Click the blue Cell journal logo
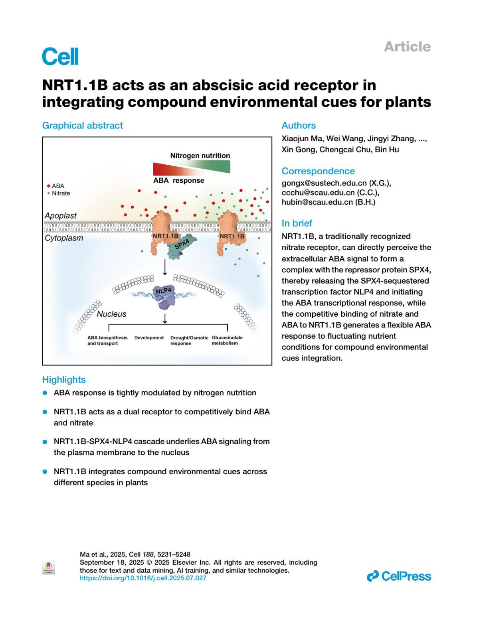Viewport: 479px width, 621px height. click(x=60, y=56)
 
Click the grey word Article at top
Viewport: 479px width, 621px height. click(x=407, y=47)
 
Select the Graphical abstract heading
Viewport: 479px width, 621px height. click(x=83, y=125)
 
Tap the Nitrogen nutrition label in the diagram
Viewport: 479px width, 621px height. click(x=200, y=156)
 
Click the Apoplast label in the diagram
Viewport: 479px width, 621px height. click(x=61, y=215)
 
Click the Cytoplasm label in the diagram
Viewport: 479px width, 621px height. click(x=64, y=238)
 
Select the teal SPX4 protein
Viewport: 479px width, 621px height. click(x=182, y=246)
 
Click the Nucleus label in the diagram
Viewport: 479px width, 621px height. click(x=111, y=314)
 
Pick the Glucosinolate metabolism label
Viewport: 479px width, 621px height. click(x=227, y=340)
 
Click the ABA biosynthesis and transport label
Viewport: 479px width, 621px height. click(x=107, y=340)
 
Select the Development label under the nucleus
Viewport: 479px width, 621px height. click(x=149, y=337)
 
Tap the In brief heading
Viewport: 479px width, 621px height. click(x=297, y=223)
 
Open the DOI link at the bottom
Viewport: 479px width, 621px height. click(x=143, y=578)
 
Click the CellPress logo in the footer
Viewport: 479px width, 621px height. click(x=399, y=576)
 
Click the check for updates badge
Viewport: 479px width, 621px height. click(x=48, y=568)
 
